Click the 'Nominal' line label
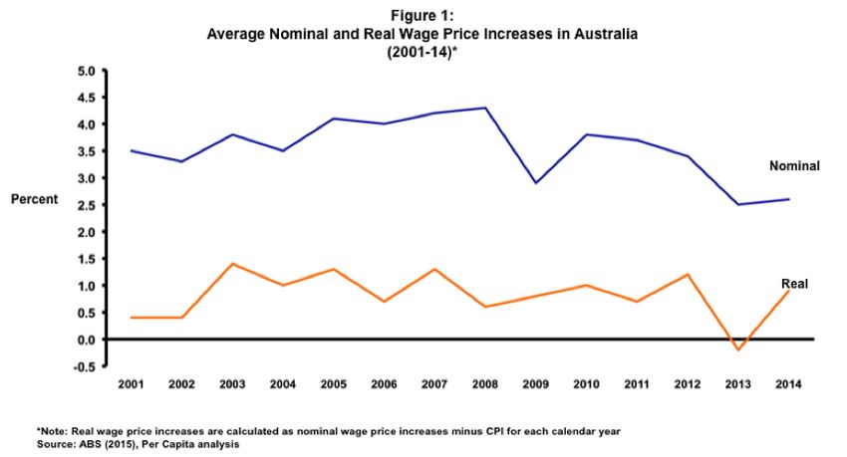794,166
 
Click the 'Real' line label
793,284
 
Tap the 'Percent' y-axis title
35,199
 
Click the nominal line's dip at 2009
536,183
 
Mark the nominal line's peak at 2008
485,108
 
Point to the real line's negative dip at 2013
739,349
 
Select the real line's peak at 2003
232,264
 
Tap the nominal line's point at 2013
739,204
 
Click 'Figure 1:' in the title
423,16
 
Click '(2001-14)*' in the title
423,50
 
